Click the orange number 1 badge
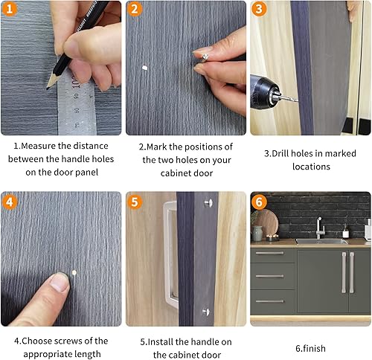[x=10, y=10]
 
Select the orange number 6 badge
[x=260, y=202]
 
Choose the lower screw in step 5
[x=205, y=311]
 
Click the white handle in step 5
[x=170, y=253]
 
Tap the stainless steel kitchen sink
[x=320, y=241]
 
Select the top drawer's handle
[x=269, y=253]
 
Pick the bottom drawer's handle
[x=269, y=301]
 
